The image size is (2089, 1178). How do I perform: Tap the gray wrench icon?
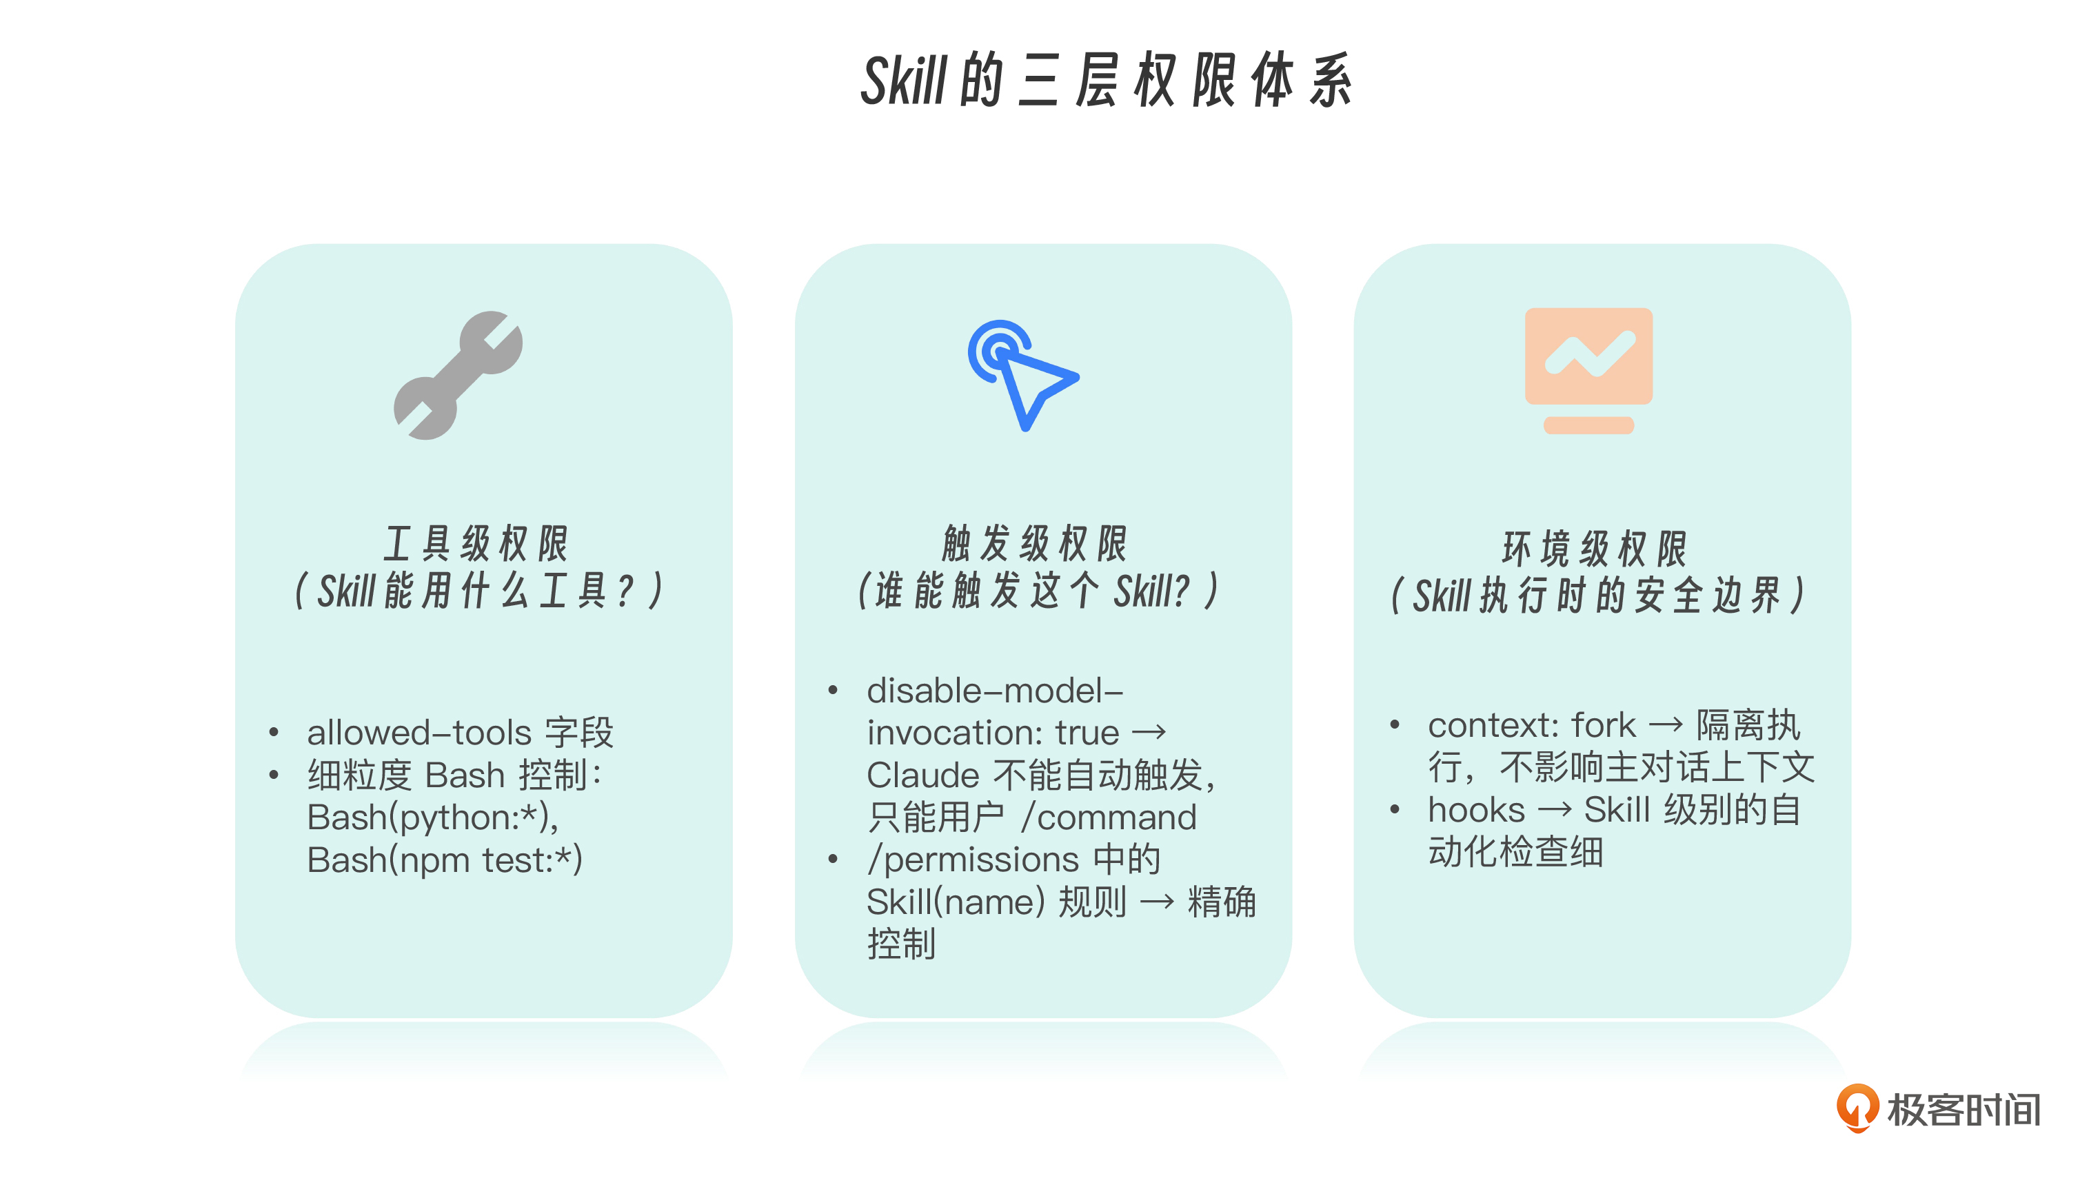coord(458,376)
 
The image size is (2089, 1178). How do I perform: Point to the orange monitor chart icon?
coord(1588,371)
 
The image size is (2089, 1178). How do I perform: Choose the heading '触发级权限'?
coord(1035,543)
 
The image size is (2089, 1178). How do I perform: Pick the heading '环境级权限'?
coord(1594,549)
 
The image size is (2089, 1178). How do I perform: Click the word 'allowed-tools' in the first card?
coord(419,732)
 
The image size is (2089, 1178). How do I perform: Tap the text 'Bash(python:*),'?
coord(432,818)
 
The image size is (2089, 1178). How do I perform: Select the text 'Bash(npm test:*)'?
coord(445,860)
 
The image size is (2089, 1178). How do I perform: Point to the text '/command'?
coord(1109,818)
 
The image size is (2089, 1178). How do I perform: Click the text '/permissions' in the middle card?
coord(973,860)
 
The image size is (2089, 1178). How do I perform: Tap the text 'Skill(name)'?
coord(956,902)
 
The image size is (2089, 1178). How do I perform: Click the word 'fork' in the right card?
coord(1604,725)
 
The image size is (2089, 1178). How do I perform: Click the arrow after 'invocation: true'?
coord(1149,733)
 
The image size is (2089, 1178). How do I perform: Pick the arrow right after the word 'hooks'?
coord(1555,810)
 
